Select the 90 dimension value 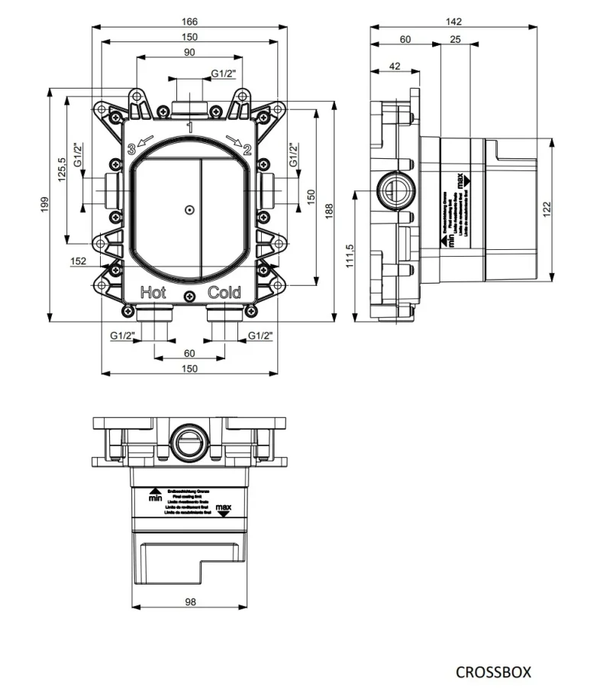[x=189, y=52]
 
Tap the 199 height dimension [x=44, y=203]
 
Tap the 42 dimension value [x=395, y=66]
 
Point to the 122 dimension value [x=547, y=208]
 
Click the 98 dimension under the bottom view [x=189, y=602]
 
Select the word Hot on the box [x=153, y=292]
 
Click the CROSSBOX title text [x=492, y=673]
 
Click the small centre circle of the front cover [x=189, y=209]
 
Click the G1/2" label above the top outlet [x=224, y=73]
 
